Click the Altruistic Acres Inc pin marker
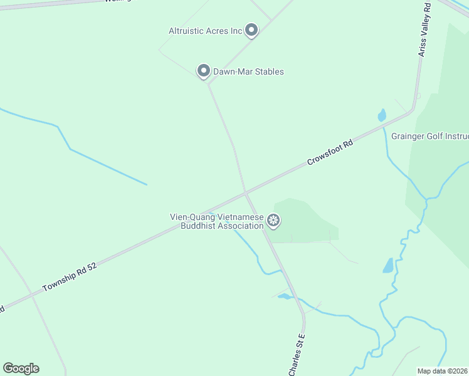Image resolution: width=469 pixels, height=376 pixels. coord(251,29)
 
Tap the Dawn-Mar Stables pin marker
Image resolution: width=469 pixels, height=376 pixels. coord(203,71)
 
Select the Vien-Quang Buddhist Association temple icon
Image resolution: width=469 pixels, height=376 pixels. coord(273,220)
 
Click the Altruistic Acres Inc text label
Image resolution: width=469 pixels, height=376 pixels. coord(205,31)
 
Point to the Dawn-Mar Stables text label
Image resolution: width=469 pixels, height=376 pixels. coord(248,71)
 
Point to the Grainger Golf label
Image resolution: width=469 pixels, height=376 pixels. coord(430,136)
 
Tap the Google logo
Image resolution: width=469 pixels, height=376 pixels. coord(21,368)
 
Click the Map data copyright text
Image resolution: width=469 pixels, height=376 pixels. coord(442,371)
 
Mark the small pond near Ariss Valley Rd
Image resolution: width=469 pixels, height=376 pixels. coord(381,115)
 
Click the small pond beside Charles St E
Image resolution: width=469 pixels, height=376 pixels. coord(285,296)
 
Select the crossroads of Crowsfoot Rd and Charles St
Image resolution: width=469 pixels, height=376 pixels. coord(246,192)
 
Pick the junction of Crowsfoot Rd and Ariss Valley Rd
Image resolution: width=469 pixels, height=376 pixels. coord(411,112)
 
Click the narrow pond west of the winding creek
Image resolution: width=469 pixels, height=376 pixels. coord(388,265)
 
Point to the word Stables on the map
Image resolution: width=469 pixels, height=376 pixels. coord(267,71)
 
